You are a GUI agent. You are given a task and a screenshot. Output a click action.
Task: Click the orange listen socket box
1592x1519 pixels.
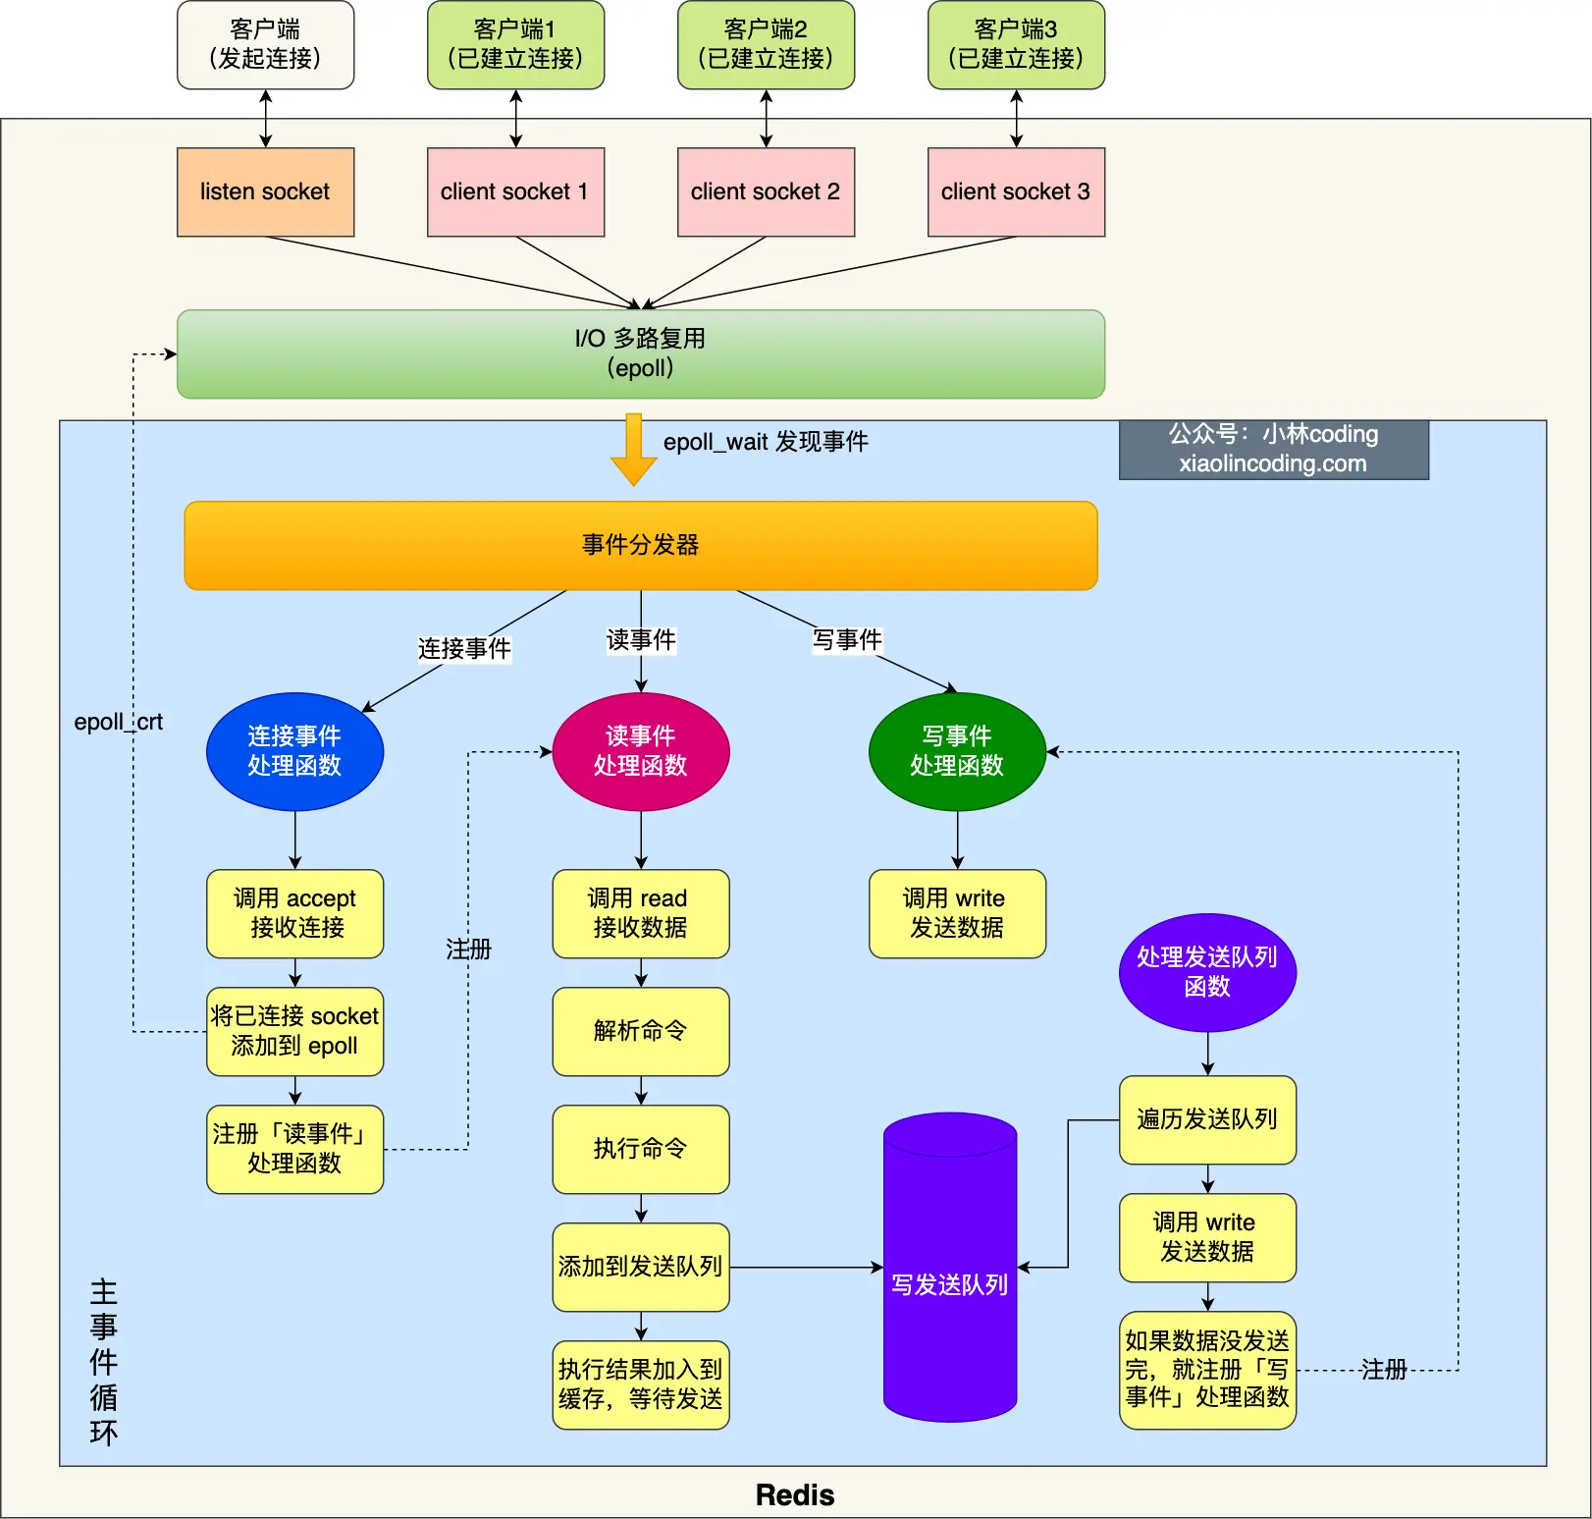[265, 191]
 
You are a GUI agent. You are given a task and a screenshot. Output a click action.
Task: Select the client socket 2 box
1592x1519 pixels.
[766, 191]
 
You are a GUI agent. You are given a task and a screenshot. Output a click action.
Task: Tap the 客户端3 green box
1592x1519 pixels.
[1016, 44]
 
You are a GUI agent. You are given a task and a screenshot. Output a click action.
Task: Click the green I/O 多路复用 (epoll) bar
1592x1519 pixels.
[640, 353]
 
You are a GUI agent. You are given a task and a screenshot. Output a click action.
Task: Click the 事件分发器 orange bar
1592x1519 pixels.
[640, 545]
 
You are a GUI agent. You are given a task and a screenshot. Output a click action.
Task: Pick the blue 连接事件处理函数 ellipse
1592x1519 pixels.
[294, 751]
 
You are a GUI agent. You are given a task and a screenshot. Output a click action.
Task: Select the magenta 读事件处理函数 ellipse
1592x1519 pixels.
[640, 751]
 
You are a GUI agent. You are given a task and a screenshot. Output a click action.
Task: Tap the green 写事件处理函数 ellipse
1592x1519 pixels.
[957, 751]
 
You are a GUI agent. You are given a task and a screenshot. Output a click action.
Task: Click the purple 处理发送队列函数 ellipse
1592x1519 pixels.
[1207, 972]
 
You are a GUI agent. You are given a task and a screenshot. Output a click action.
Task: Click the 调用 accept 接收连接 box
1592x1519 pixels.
[294, 913]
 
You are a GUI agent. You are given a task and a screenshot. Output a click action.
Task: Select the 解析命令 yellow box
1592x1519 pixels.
[640, 1031]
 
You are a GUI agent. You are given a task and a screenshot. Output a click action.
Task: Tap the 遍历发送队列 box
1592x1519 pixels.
[1207, 1119]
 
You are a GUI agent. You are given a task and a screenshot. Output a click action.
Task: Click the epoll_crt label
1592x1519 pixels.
[118, 722]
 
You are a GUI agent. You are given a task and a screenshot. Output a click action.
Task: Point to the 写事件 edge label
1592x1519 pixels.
[847, 640]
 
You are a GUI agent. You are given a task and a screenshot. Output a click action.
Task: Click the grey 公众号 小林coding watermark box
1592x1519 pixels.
[1273, 449]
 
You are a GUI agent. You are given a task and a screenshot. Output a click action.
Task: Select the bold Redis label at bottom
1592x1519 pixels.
[795, 1494]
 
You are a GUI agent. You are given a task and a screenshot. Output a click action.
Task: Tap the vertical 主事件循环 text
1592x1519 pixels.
[103, 1362]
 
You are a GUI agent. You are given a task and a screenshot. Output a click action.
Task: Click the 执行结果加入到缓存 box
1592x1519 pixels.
[640, 1384]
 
